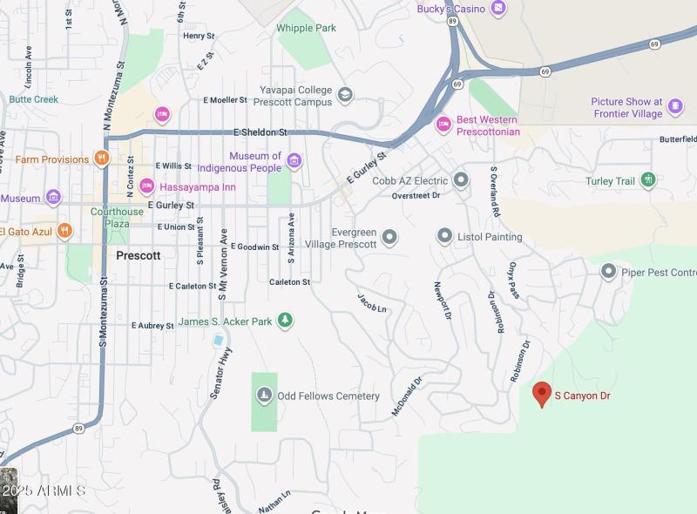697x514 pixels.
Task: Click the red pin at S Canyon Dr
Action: point(541,394)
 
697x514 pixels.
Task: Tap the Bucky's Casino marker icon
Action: point(497,9)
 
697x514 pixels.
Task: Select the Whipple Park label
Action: point(306,28)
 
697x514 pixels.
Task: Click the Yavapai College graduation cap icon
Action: point(345,96)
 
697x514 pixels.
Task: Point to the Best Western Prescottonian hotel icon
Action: point(443,125)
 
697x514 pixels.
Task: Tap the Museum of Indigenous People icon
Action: point(294,161)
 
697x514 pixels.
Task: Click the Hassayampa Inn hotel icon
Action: point(146,186)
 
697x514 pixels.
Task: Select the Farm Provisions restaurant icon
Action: point(102,159)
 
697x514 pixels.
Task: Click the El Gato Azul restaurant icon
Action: point(64,231)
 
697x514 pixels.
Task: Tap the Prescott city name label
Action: point(138,255)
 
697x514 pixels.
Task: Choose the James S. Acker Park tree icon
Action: point(284,321)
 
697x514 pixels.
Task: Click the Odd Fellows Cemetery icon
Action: point(264,396)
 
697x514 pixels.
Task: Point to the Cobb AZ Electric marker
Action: point(461,180)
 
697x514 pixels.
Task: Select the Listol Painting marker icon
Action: point(445,236)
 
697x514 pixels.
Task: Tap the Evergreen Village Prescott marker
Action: point(389,237)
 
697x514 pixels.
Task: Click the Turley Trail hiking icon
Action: point(647,180)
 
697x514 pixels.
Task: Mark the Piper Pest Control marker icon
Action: point(609,272)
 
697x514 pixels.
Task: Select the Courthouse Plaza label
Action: point(117,217)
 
